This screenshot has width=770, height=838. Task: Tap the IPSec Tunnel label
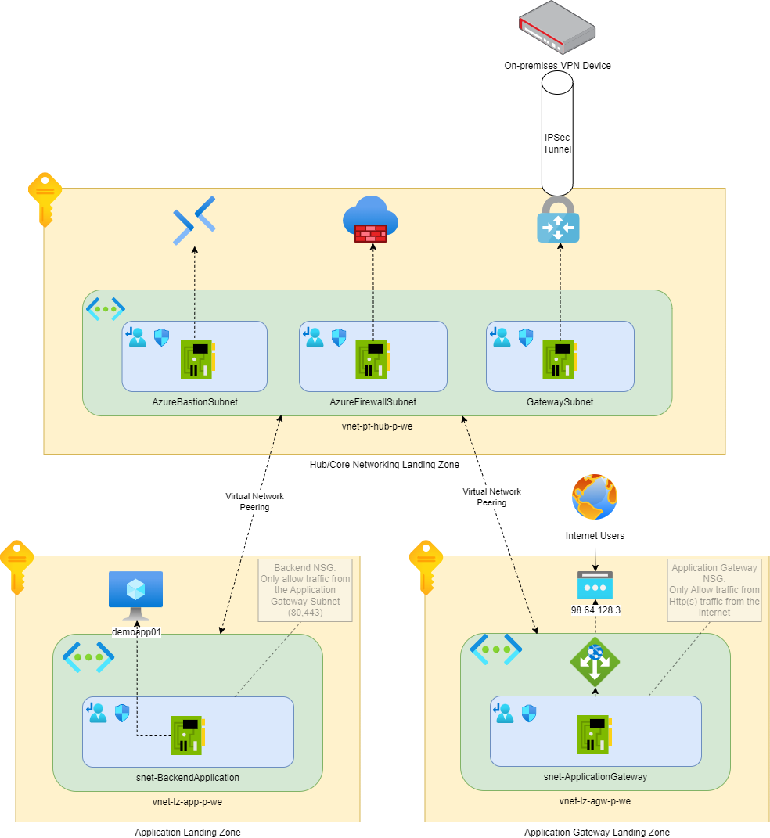pyautogui.click(x=557, y=143)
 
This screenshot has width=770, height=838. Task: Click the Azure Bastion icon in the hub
pyautogui.click(x=194, y=221)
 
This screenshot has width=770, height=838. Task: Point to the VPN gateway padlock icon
pyautogui.click(x=558, y=220)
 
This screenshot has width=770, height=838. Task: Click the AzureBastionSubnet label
pyautogui.click(x=195, y=402)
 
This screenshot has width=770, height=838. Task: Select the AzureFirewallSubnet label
pyautogui.click(x=372, y=402)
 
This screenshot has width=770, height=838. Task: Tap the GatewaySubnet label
pyautogui.click(x=560, y=402)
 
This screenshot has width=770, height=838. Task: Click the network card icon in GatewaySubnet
pyautogui.click(x=560, y=359)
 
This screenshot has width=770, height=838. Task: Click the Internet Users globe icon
pyautogui.click(x=595, y=497)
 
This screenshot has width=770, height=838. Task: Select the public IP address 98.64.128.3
pyautogui.click(x=595, y=610)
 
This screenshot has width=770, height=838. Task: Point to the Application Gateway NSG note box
pyautogui.click(x=714, y=590)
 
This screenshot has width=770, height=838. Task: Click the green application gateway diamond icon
pyautogui.click(x=595, y=662)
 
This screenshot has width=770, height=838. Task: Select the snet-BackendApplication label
pyautogui.click(x=188, y=778)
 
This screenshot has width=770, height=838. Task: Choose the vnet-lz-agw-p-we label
pyautogui.click(x=595, y=801)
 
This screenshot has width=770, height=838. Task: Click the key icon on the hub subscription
pyautogui.click(x=45, y=198)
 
